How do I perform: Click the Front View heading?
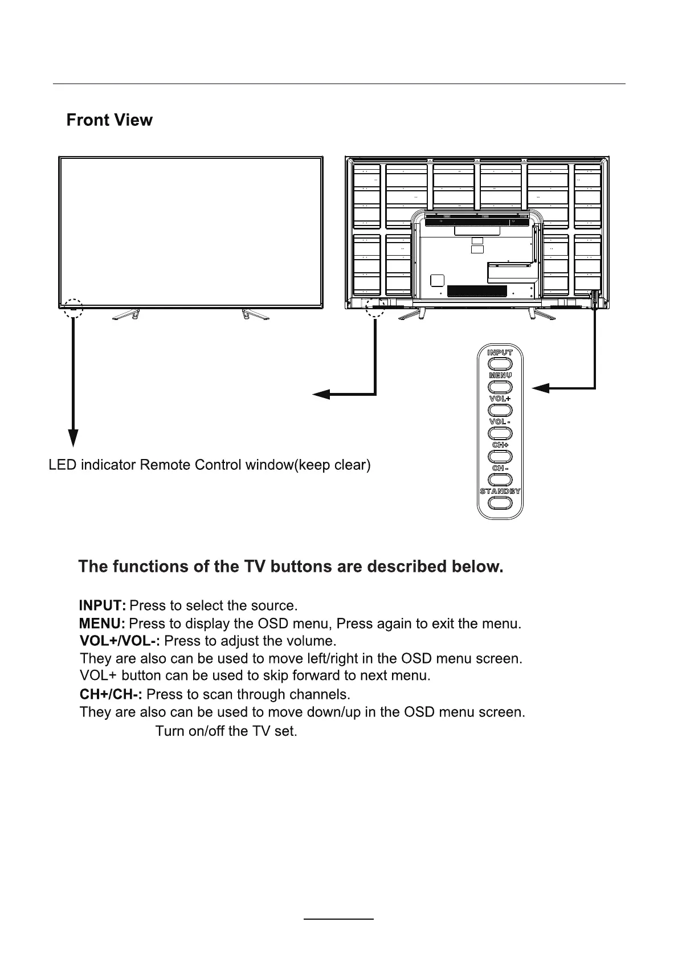[109, 120]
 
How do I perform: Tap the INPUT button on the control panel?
[500, 363]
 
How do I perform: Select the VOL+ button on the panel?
[500, 410]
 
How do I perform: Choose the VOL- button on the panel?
[500, 433]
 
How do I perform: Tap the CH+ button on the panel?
[500, 456]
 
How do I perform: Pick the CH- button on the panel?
[500, 479]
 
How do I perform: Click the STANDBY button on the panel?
[500, 503]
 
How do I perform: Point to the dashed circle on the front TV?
[73, 307]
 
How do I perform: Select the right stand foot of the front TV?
[252, 314]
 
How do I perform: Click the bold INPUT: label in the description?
[103, 605]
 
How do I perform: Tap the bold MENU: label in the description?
[102, 624]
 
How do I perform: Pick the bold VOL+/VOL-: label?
[120, 641]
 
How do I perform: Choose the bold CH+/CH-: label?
[111, 695]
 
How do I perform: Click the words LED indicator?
[92, 465]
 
